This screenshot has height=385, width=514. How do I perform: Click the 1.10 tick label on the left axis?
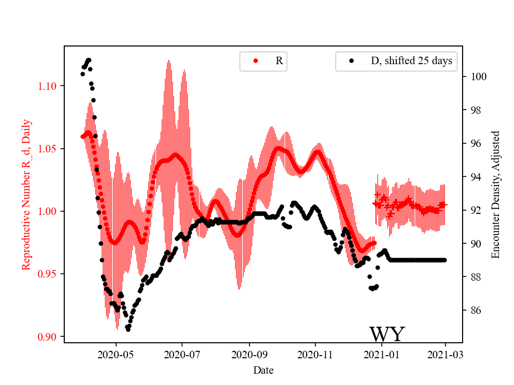point(49,86)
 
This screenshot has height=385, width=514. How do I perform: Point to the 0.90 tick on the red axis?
point(49,337)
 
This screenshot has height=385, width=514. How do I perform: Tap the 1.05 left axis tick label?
point(49,149)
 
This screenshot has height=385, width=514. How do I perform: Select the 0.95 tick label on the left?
point(49,274)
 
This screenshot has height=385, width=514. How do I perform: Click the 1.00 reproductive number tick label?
point(49,211)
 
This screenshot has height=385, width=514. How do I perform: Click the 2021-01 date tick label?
point(382,354)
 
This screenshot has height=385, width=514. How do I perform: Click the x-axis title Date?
point(263,369)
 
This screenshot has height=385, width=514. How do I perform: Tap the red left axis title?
point(26,195)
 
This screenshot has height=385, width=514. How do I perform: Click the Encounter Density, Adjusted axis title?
point(495,195)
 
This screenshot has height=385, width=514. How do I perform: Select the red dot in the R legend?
point(255,61)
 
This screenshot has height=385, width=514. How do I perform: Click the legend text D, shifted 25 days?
point(411,61)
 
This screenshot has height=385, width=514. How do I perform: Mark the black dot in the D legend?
point(352,61)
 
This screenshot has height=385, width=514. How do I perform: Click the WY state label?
point(387,335)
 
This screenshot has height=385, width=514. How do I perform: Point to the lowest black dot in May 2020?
point(128,329)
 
